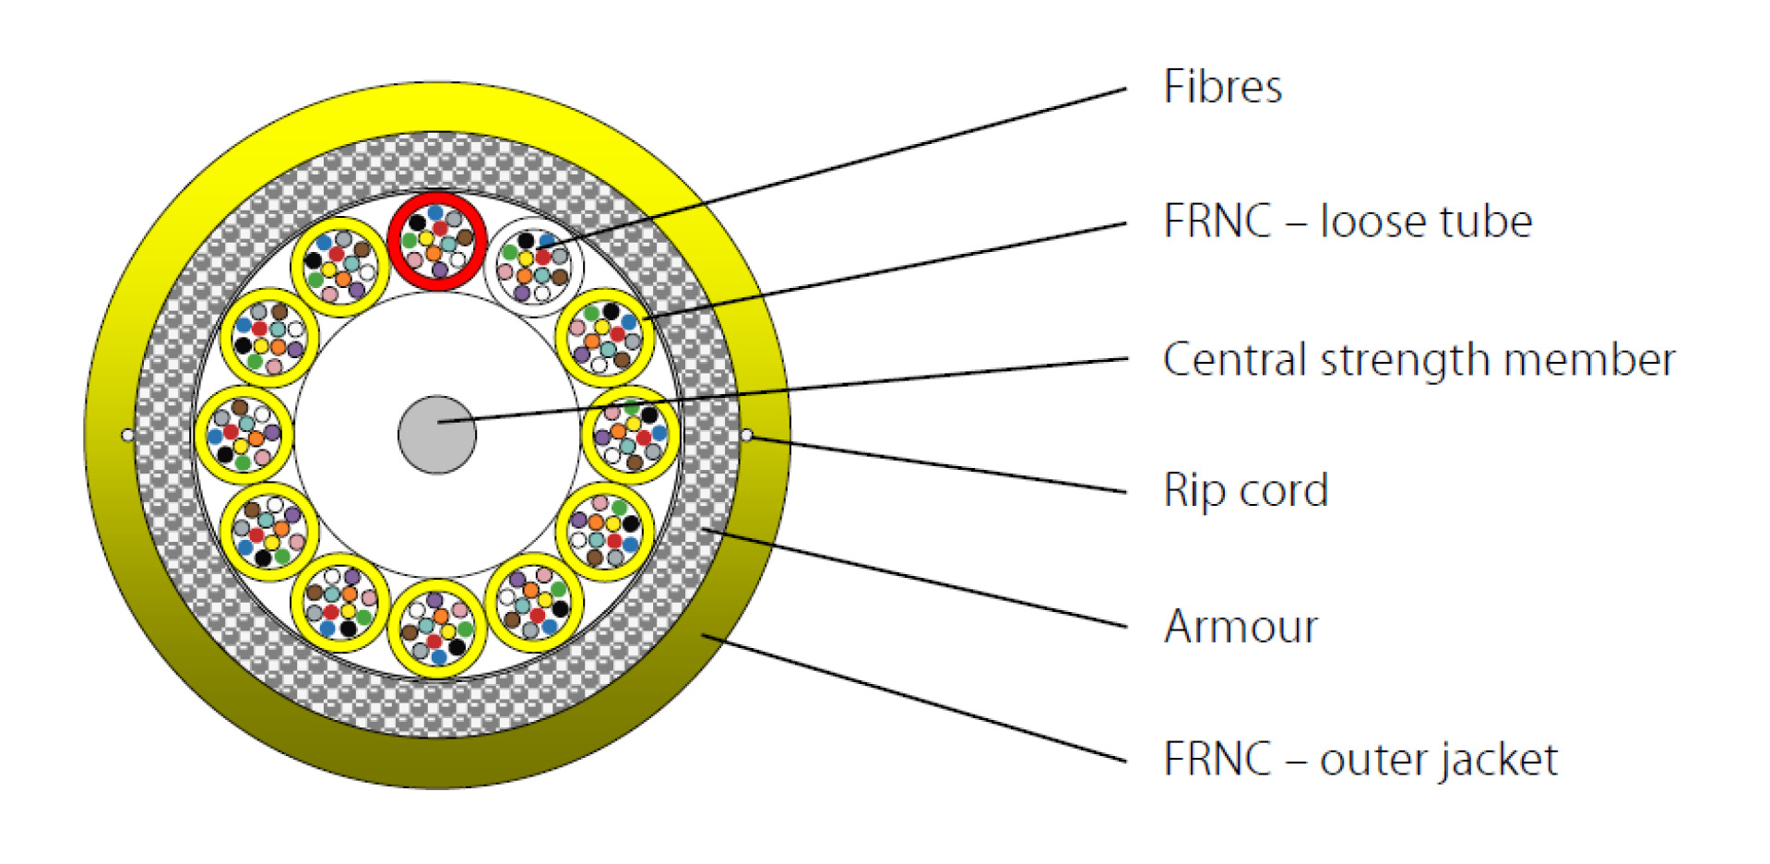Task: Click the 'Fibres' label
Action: (x=1222, y=87)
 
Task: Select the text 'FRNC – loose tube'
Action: (x=1347, y=222)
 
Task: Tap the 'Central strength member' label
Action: (x=1419, y=359)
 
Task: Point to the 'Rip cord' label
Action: (x=1245, y=490)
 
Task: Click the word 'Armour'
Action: (x=1241, y=627)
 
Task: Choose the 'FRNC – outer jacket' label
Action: (x=1360, y=760)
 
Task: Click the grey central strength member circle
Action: (x=437, y=435)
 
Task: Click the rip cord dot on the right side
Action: (x=746, y=435)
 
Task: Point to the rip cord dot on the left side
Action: (x=127, y=435)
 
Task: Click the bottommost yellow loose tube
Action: (x=437, y=629)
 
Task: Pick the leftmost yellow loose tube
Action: (x=244, y=435)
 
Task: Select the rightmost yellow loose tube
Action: (x=631, y=435)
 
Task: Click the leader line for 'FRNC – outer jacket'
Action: (x=913, y=698)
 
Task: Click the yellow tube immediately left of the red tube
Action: (x=340, y=268)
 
